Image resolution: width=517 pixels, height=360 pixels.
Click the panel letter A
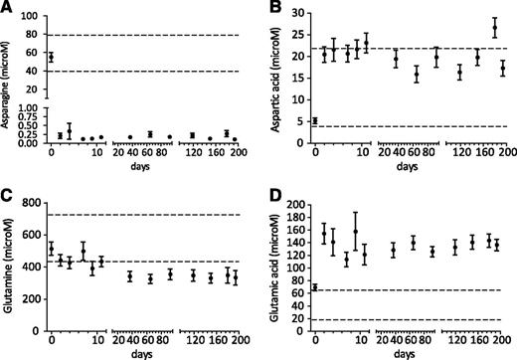[8, 9]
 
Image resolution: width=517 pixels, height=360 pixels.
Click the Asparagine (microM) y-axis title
[9, 87]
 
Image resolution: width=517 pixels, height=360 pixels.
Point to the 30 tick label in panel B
[298, 17]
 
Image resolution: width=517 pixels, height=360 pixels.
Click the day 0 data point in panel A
[52, 58]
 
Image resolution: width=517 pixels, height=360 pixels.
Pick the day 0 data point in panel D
[315, 287]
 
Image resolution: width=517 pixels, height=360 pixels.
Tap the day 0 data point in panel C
[52, 249]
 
